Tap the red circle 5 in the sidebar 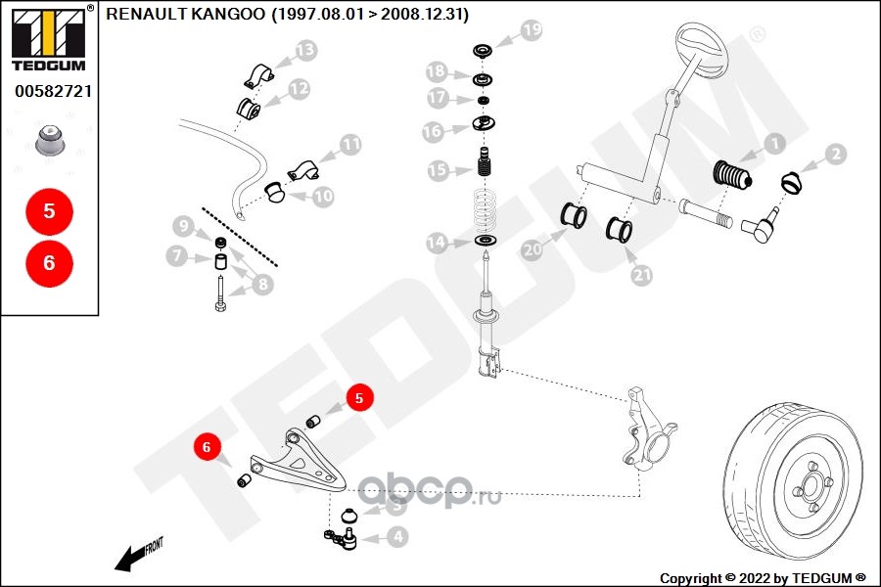pyautogui.click(x=49, y=210)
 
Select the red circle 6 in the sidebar pyautogui.click(x=49, y=262)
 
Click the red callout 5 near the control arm pyautogui.click(x=358, y=398)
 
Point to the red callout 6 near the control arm pyautogui.click(x=207, y=447)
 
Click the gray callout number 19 pyautogui.click(x=530, y=30)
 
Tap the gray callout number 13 pyautogui.click(x=305, y=50)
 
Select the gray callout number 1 pyautogui.click(x=773, y=145)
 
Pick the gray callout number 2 pyautogui.click(x=835, y=154)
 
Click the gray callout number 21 pyautogui.click(x=642, y=276)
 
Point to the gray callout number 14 pyautogui.click(x=437, y=242)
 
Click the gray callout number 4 pyautogui.click(x=396, y=536)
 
